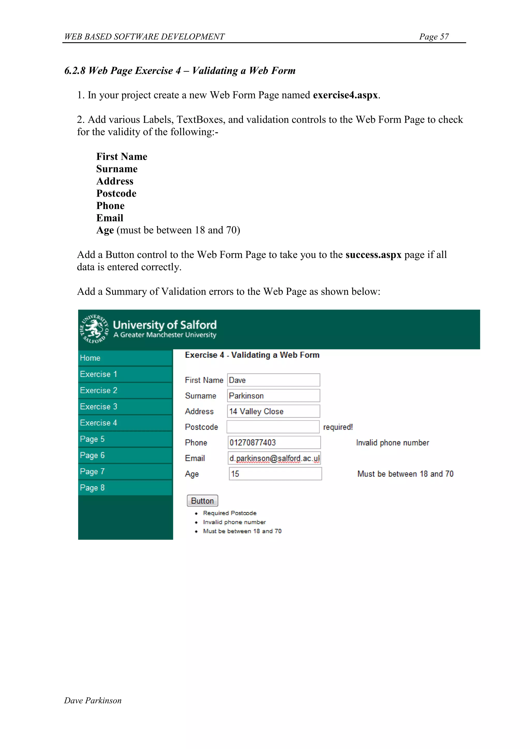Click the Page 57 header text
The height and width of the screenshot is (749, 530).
[434, 36]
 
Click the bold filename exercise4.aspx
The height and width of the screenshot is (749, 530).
[345, 95]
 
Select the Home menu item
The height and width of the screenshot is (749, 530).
[125, 358]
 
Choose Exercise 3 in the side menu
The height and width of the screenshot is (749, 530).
[125, 406]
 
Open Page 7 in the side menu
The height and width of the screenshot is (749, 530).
[125, 471]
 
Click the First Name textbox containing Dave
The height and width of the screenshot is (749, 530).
[274, 380]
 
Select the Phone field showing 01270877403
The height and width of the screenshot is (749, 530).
[274, 442]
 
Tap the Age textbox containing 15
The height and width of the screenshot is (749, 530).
[275, 474]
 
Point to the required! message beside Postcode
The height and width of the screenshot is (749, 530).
[338, 427]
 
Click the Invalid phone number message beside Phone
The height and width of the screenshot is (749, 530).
[392, 443]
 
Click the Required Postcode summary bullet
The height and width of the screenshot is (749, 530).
[230, 513]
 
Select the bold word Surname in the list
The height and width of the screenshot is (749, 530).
[117, 169]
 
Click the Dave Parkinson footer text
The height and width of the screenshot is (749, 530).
[93, 700]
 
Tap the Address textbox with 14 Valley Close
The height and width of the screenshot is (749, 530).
[274, 411]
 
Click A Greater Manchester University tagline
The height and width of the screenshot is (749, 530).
[165, 335]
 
